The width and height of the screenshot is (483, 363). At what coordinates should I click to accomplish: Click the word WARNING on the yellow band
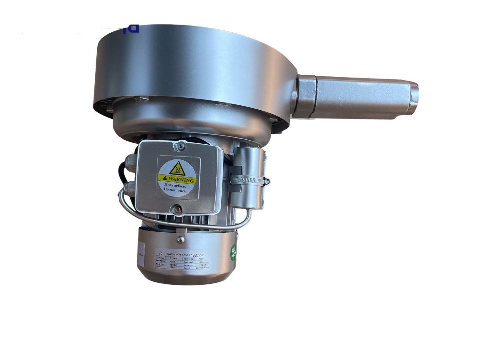point(181,179)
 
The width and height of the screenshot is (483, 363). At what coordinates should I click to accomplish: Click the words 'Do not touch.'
point(176,191)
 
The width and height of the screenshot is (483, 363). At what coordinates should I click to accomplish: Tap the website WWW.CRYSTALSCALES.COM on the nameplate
point(185,254)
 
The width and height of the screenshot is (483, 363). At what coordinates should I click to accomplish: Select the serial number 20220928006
point(202,268)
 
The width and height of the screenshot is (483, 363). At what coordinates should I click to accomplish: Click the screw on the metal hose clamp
point(266,181)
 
